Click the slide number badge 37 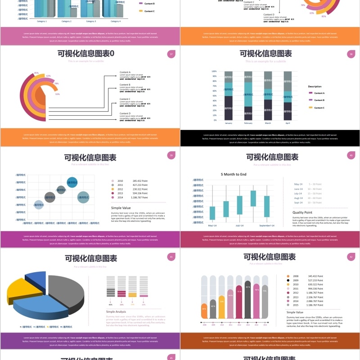coord(171,54)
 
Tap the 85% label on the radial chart coord(36,72)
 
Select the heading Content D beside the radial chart coord(125,113)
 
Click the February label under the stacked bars coord(248,123)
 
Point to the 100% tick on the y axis coord(214,71)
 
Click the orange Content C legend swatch coord(310,108)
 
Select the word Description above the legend coord(315,86)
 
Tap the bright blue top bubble coord(72,182)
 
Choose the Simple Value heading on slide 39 coord(121,208)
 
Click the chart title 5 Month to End coord(234,174)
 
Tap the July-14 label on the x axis coord(239,225)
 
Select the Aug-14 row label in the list coord(298,198)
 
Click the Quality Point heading coord(302,212)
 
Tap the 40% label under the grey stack coord(110,305)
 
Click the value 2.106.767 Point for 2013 coord(315,297)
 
